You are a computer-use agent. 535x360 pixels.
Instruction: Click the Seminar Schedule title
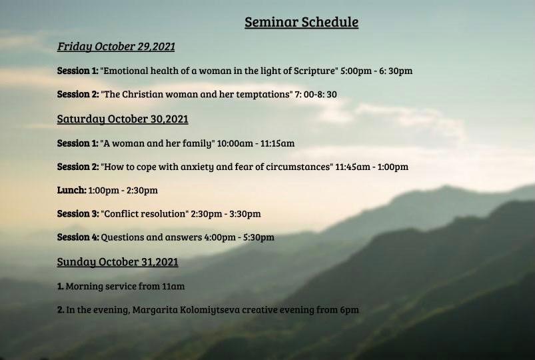(301, 22)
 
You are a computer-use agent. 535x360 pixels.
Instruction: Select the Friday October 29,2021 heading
(116, 47)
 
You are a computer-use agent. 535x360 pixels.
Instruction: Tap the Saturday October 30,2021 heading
(123, 119)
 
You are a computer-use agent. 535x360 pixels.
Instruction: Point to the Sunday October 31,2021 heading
(118, 262)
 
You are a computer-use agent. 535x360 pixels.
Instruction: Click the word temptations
(264, 94)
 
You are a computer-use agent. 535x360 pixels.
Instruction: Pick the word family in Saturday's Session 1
(198, 143)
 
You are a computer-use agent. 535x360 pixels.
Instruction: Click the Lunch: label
(72, 190)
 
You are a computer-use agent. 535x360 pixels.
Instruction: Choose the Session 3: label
(78, 214)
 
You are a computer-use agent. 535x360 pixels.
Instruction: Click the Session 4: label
(78, 237)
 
